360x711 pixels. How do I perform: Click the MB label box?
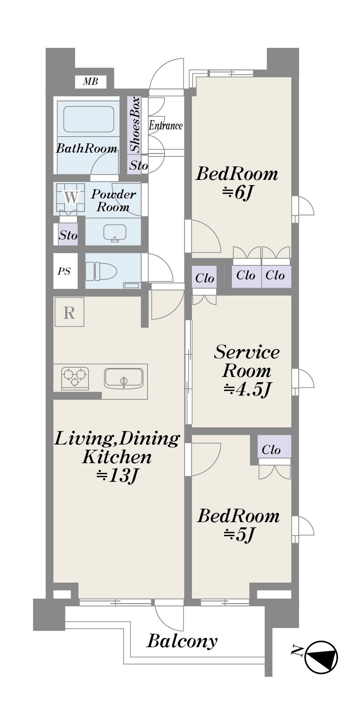pos(90,81)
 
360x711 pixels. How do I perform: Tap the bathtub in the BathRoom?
pos(89,119)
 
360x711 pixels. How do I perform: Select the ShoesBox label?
pos(134,125)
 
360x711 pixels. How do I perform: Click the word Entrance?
pos(166,125)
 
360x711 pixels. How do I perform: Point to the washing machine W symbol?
pos(71,197)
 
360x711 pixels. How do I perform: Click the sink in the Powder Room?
pos(115,233)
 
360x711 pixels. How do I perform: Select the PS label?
pos(64,271)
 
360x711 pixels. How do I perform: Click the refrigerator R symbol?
pos(69,312)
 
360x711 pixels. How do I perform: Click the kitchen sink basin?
pos(124,378)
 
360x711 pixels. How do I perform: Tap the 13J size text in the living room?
pos(118,475)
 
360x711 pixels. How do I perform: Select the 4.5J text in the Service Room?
pos(247,389)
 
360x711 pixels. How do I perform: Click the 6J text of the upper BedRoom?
pos(238,192)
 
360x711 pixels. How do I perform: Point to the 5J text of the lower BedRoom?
pos(239,534)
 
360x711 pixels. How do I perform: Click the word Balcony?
pos(182,641)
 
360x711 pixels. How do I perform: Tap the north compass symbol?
pos(321,657)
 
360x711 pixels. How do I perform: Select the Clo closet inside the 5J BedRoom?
pos(274,446)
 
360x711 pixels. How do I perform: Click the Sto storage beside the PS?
pos(68,235)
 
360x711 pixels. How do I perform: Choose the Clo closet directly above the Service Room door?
pos(204,277)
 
